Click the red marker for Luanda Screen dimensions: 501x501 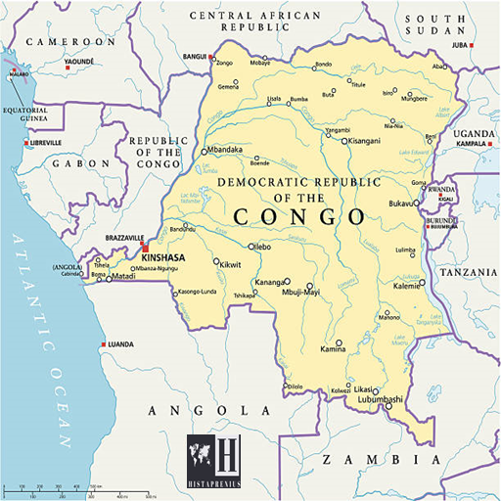(104, 344)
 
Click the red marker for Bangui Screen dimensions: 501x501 (212, 57)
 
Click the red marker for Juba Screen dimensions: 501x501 (471, 46)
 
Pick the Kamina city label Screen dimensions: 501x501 (333, 349)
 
